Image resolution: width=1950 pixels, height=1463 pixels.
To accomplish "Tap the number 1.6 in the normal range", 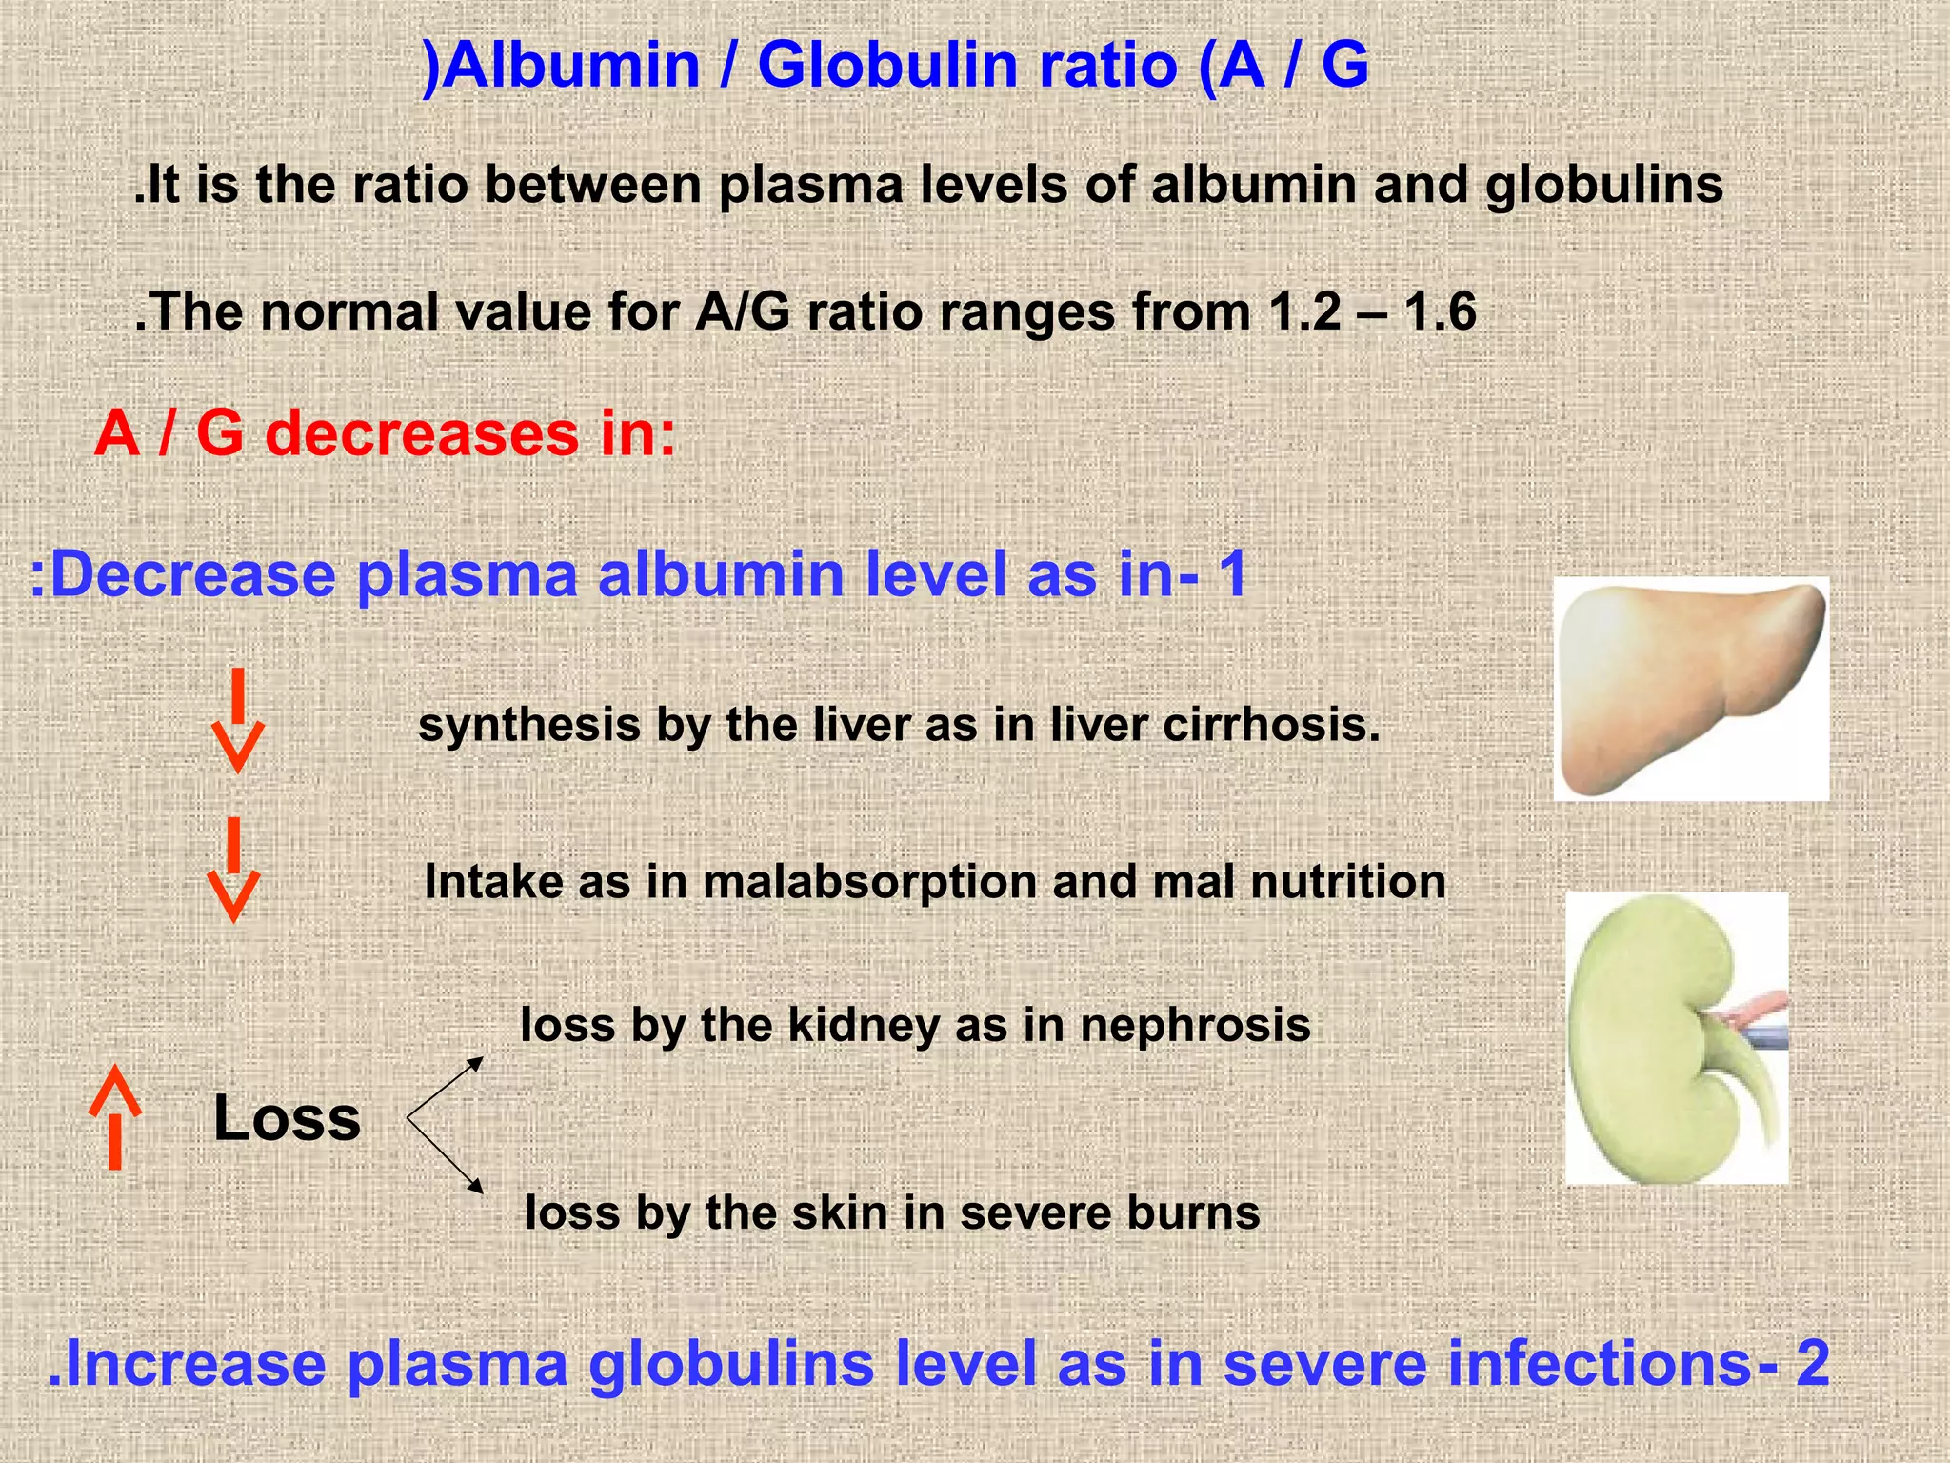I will coord(1441,312).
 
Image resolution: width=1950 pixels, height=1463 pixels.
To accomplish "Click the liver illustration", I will coord(1690,690).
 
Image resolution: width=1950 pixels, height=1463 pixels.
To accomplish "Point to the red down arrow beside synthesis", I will coord(237,720).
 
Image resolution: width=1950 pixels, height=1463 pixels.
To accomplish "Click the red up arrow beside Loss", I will coord(115,1116).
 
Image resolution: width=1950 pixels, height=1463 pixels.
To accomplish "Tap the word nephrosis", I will coord(1195,1026).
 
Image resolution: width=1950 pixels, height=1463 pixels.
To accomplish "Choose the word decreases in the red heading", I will coord(422,433).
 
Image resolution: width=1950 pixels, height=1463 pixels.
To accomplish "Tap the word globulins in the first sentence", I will coord(1604,185).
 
